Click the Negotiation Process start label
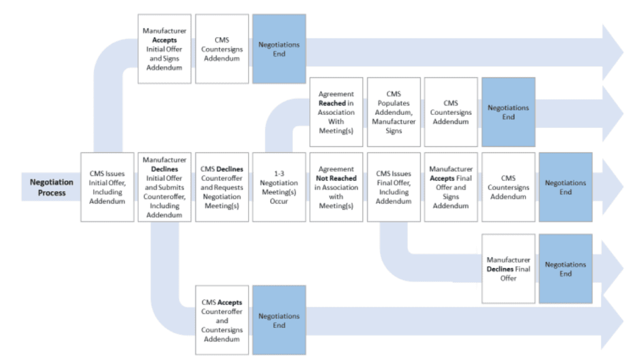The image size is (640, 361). [52, 187]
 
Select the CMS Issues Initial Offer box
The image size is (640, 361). [107, 187]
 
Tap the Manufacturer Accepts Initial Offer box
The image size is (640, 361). [164, 49]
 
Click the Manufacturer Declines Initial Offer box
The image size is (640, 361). [164, 187]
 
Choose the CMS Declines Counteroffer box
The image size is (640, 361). [222, 187]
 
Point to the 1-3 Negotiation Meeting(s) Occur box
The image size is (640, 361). [279, 187]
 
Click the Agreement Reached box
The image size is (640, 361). [336, 112]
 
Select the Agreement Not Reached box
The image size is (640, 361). [336, 187]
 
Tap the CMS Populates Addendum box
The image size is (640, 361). [394, 112]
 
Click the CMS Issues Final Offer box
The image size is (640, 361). [394, 187]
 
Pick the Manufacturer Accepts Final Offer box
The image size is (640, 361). [451, 187]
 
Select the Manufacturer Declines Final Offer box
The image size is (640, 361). [508, 269]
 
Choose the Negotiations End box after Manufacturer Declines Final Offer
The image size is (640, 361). [566, 269]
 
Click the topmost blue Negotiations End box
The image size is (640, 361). [279, 49]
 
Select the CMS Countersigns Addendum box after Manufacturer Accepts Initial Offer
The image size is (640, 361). [222, 49]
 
